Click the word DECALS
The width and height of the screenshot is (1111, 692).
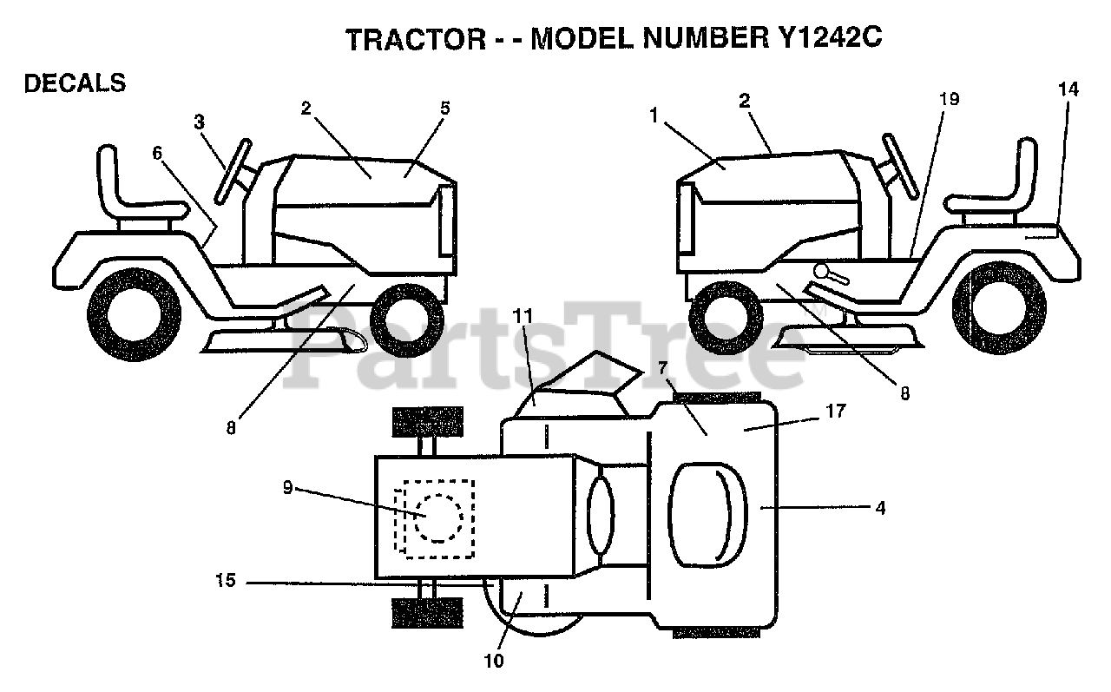75,83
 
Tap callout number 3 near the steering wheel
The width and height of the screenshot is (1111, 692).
200,122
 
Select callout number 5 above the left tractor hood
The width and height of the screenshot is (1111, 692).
445,109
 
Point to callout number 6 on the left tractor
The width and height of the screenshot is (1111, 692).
157,153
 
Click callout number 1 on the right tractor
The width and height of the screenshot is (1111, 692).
653,113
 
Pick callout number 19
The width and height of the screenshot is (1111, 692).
949,99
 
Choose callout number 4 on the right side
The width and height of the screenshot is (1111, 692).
880,509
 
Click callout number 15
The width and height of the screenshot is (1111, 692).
225,582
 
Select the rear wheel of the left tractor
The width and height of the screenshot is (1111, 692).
135,309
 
